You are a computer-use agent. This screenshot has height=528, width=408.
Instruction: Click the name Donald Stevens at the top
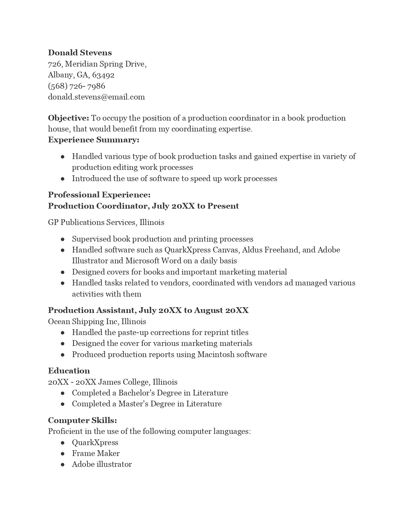point(80,53)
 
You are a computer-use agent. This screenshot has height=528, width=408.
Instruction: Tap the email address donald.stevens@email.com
point(96,97)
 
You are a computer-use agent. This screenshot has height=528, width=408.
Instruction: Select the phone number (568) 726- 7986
point(76,86)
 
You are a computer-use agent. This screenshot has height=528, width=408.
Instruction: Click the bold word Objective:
point(68,118)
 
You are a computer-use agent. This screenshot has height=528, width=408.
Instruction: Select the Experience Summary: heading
point(93,140)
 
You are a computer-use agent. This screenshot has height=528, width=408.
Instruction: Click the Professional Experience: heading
point(99,195)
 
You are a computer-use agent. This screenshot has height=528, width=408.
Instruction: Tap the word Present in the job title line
point(223,206)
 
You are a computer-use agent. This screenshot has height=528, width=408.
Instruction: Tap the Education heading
point(69,371)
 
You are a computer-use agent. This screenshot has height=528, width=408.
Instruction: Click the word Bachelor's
point(133,393)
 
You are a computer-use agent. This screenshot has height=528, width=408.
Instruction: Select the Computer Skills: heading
point(83,420)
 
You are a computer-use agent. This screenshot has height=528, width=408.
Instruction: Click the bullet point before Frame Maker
point(63,454)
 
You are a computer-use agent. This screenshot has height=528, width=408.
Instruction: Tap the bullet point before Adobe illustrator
point(63,465)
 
